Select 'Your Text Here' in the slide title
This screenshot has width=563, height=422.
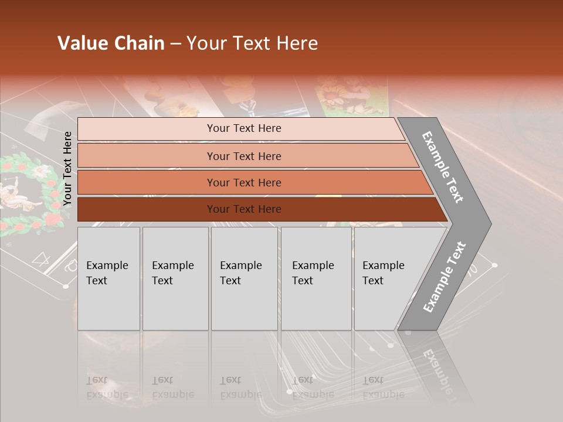tap(252, 43)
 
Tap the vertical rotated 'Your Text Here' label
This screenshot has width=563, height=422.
tap(67, 169)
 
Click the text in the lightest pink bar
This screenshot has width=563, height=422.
tap(244, 128)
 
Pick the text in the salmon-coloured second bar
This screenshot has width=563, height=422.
tap(244, 156)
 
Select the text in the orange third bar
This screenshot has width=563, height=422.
tap(244, 182)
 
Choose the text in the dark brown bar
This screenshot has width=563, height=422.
tap(244, 209)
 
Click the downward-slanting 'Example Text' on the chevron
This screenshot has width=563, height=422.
tap(443, 167)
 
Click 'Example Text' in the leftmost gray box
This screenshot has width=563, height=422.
tap(107, 273)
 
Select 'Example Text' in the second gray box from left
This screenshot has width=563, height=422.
tap(172, 273)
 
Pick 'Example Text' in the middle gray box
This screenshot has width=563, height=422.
tap(240, 273)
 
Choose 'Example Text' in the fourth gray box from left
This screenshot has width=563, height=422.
tap(313, 273)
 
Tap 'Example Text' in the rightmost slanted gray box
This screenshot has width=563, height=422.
tap(383, 273)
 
